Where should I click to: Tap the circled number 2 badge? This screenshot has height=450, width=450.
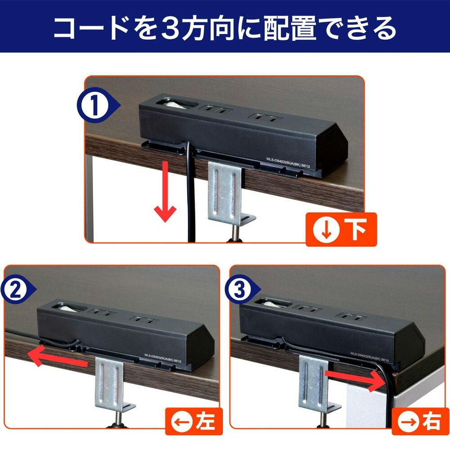click(16, 289)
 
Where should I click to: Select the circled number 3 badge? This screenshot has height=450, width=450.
click(240, 289)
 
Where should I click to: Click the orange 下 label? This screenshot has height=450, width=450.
click(341, 229)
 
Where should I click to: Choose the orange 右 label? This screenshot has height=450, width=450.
click(420, 422)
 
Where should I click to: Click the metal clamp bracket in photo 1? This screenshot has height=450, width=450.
click(227, 196)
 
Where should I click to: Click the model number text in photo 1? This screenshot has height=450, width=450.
click(288, 162)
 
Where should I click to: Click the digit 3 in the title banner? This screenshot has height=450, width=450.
click(170, 28)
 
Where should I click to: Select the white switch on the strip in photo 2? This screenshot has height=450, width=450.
click(69, 308)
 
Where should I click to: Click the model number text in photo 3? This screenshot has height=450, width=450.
click(369, 357)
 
